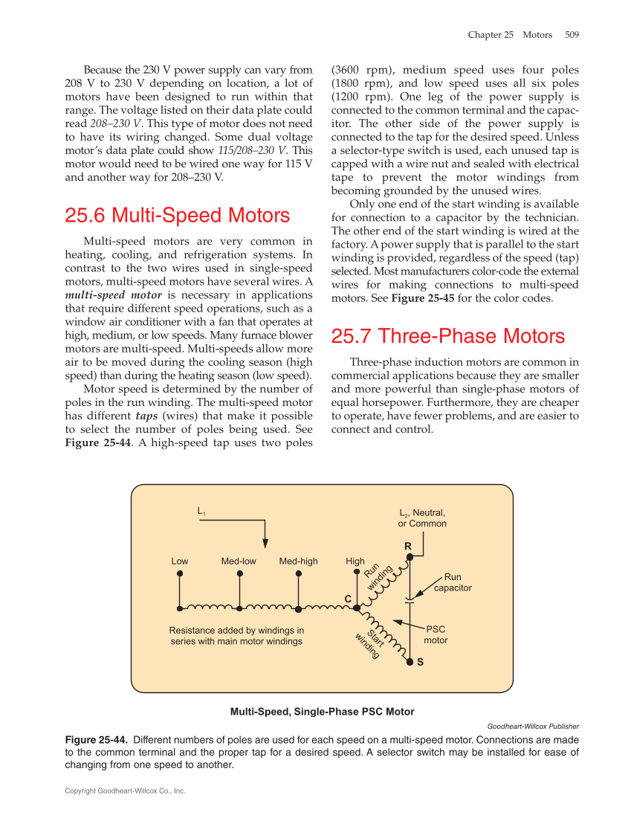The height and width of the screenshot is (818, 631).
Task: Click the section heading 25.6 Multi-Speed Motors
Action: (177, 216)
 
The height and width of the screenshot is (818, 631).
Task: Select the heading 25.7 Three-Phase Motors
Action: (447, 336)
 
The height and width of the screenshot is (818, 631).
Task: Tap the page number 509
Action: (572, 35)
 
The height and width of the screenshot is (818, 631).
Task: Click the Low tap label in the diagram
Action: (180, 561)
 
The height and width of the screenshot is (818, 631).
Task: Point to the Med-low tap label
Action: (239, 561)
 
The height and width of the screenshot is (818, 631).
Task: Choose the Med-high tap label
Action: (298, 561)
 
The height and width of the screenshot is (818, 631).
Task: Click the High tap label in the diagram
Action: (355, 561)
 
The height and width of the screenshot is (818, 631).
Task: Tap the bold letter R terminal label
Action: (408, 547)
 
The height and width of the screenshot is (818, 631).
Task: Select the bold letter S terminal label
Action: (420, 662)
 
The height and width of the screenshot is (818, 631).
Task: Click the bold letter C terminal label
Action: (347, 599)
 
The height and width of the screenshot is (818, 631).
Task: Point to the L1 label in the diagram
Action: (201, 511)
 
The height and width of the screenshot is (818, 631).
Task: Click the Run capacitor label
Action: (453, 582)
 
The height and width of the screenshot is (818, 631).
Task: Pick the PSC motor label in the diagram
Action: (436, 634)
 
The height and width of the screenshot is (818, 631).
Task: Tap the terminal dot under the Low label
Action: (180, 574)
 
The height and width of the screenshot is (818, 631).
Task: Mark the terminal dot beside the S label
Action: (409, 660)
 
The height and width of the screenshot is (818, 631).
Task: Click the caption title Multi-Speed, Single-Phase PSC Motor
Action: (322, 712)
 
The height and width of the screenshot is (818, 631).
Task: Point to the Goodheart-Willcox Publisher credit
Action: (532, 726)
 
